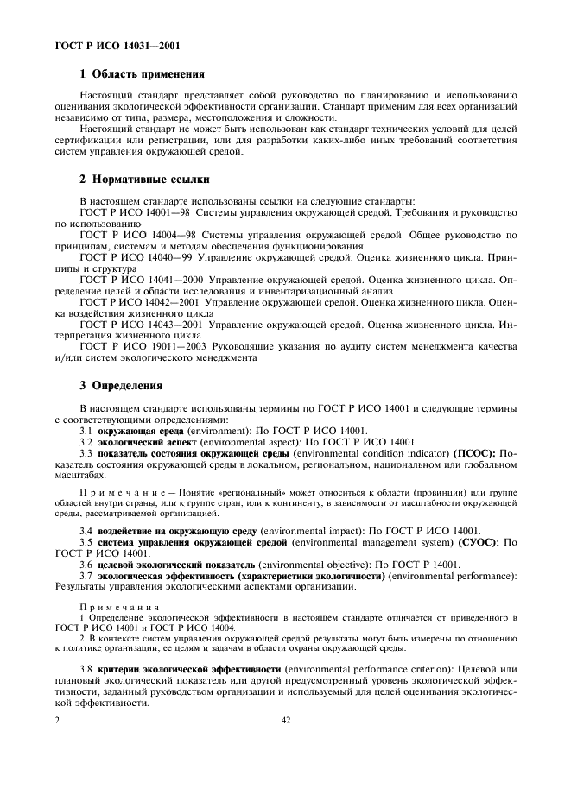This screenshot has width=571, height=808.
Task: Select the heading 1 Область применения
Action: (142, 74)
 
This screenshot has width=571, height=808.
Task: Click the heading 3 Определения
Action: (121, 384)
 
